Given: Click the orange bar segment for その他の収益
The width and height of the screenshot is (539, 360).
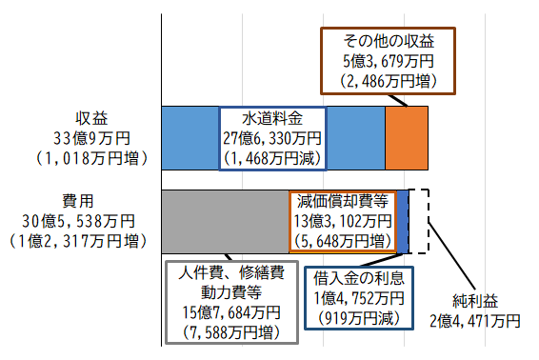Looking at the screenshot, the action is point(407,136).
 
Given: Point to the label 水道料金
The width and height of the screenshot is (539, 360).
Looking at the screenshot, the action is point(272,118).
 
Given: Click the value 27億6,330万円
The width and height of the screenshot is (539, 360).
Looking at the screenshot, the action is point(272,138).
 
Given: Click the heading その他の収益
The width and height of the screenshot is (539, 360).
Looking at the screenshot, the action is point(388,42).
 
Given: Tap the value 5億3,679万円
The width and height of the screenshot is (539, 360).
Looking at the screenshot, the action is point(388,62).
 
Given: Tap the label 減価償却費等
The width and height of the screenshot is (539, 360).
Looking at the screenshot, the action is point(342,201).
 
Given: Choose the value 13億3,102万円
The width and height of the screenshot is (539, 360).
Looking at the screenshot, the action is point(342,220).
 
